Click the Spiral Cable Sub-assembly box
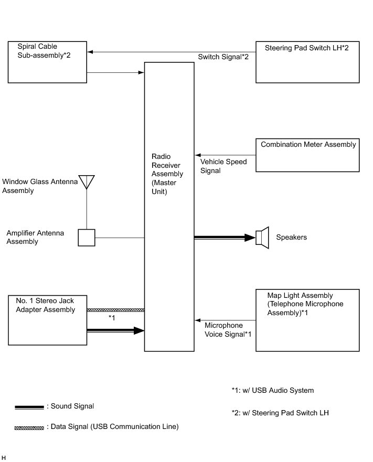point(47,62)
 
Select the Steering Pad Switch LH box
point(307,62)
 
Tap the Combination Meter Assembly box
point(307,155)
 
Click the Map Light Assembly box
point(307,320)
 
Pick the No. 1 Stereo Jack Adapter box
point(47,320)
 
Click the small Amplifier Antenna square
point(87,238)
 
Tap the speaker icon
point(262,238)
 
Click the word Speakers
point(291,238)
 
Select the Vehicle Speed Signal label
point(223,166)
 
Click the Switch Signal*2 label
point(223,57)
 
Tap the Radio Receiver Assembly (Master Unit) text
point(167,174)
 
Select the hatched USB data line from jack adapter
point(115,310)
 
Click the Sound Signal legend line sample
point(29,407)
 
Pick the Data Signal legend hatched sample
point(29,428)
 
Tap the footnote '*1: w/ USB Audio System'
point(272,390)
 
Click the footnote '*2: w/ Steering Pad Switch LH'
point(280,413)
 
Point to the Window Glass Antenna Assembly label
point(39,186)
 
